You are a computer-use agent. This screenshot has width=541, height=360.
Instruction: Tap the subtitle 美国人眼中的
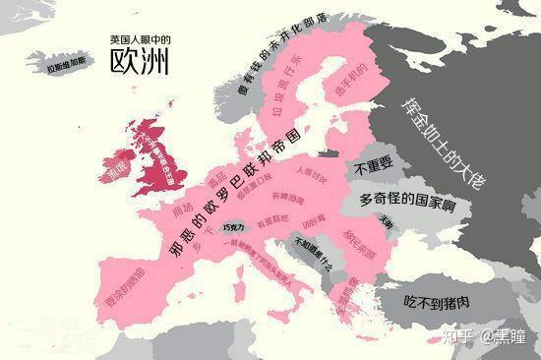point(140,38)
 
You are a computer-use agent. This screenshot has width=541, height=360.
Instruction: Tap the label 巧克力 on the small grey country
point(235,227)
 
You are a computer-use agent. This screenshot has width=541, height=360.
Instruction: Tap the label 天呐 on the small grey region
point(387,222)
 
